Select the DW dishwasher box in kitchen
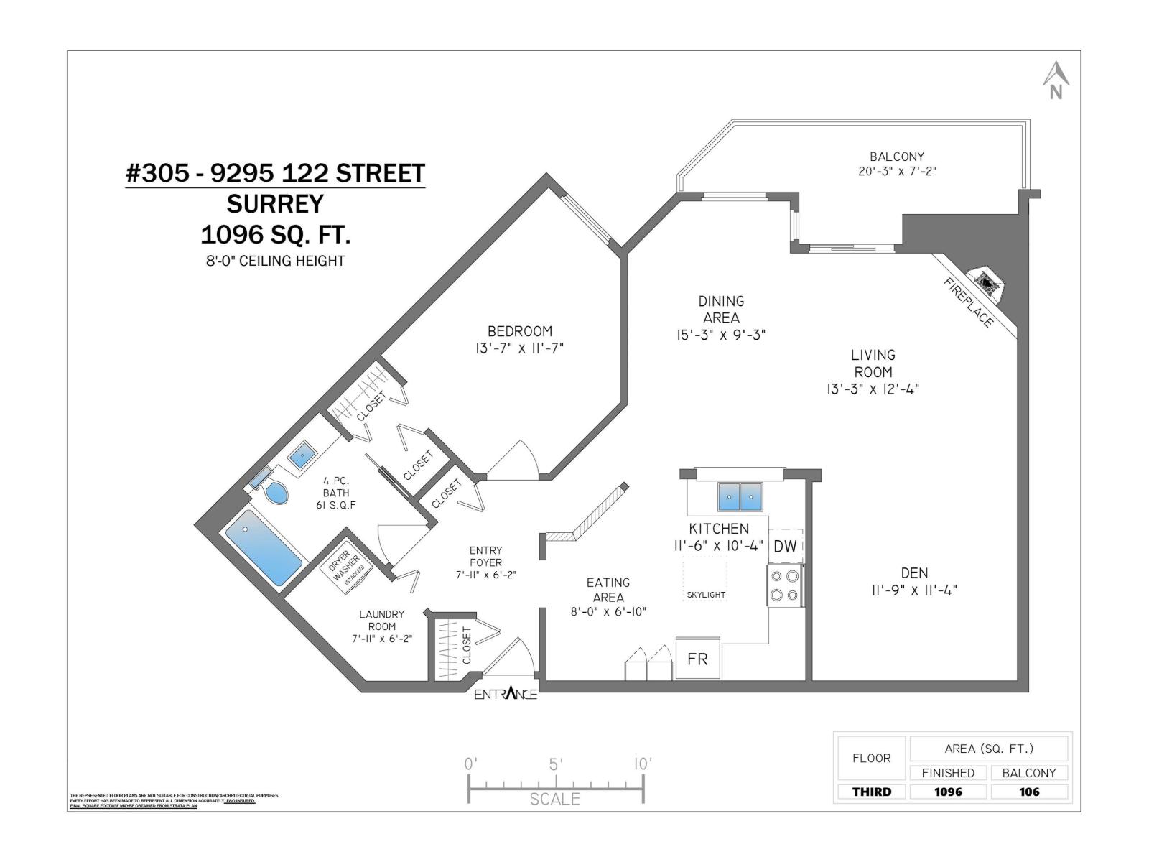click(786, 546)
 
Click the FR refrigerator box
click(698, 659)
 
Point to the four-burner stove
click(784, 585)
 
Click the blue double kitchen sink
click(740, 496)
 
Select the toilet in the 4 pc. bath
click(274, 492)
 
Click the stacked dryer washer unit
click(347, 570)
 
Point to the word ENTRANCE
click(506, 694)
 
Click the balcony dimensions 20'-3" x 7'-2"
click(897, 172)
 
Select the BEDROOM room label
click(520, 331)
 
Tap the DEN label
click(914, 573)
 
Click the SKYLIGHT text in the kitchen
click(706, 595)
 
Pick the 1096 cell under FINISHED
click(948, 792)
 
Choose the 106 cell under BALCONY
click(1029, 792)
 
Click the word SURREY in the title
click(276, 204)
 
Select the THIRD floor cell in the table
click(871, 792)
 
